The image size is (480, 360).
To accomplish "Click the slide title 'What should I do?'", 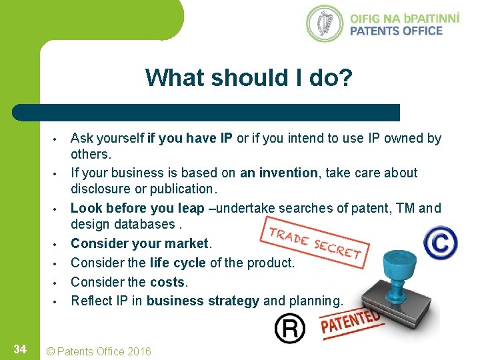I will [249, 78].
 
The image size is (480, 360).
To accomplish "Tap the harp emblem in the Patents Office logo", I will [325, 23].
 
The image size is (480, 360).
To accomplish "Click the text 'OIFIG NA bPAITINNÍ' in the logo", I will [404, 17].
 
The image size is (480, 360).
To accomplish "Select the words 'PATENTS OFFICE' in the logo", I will [396, 31].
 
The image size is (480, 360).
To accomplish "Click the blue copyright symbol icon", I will [440, 241].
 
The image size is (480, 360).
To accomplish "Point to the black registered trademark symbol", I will [290, 328].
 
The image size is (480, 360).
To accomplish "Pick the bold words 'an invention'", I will [279, 173].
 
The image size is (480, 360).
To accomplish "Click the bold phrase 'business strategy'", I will [203, 301].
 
